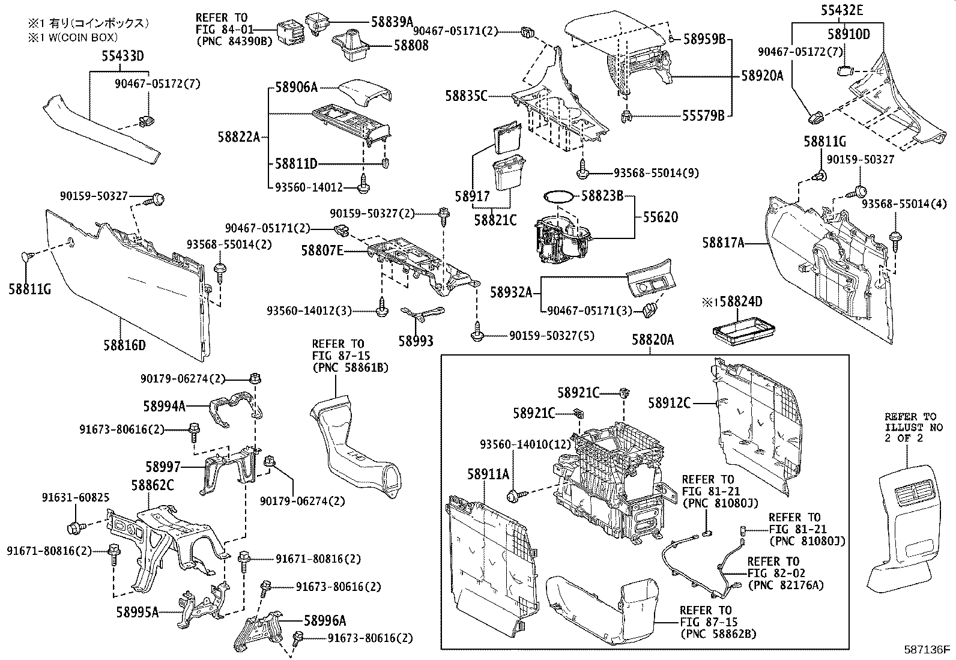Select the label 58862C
tap(153, 485)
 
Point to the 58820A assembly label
tap(652, 341)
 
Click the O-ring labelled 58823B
tap(556, 196)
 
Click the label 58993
tap(416, 341)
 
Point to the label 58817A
tap(724, 243)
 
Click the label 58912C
tap(669, 403)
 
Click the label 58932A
tap(511, 292)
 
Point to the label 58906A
tap(296, 88)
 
